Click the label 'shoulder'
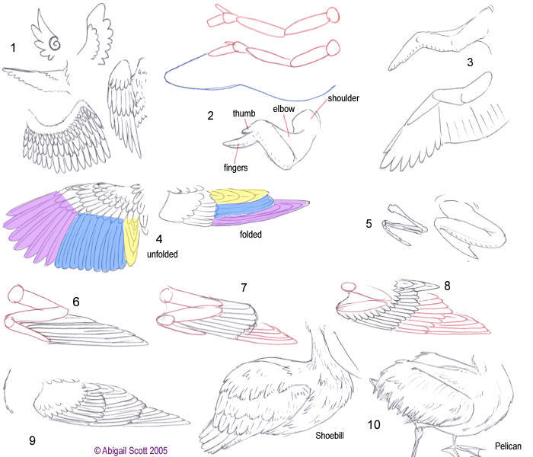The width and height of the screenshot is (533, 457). point(343,98)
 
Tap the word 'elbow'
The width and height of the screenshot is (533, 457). point(286,109)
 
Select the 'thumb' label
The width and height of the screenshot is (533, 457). point(244,114)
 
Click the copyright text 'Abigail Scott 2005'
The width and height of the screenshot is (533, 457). point(137,450)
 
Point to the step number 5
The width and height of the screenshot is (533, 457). point(369,224)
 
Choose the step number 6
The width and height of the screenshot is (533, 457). point(76,302)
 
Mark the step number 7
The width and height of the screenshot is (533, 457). point(244,287)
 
